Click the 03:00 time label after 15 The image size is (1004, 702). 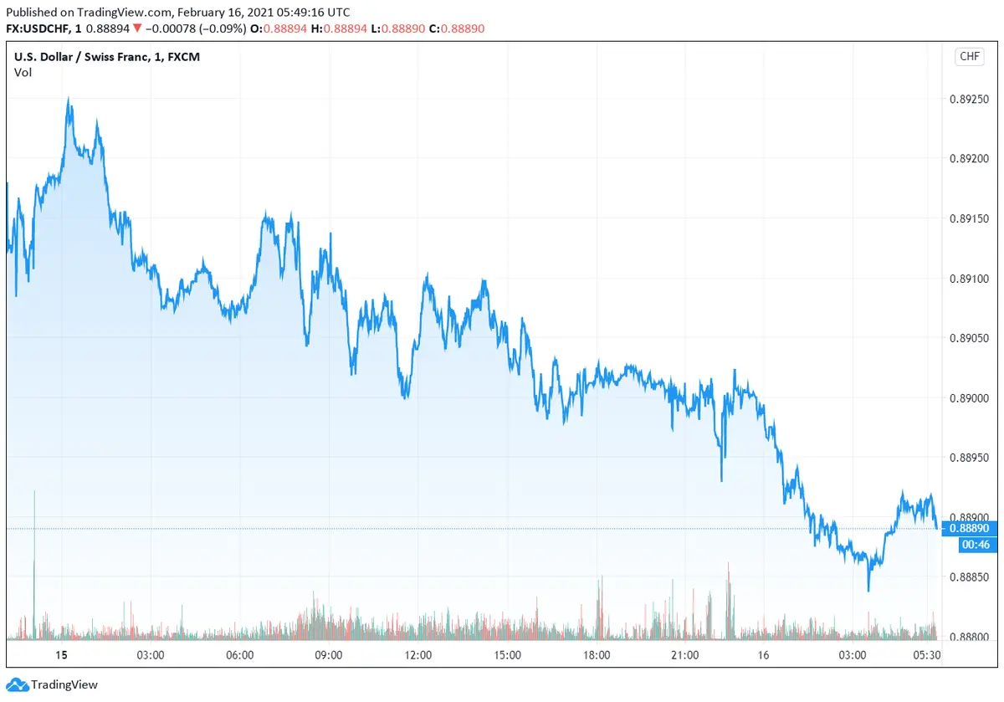[150, 654]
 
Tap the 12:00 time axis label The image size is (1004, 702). [417, 654]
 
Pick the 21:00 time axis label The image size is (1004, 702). [685, 654]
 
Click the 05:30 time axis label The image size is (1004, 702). [927, 654]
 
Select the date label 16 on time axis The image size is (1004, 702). [774, 654]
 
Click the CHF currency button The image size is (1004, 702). [969, 57]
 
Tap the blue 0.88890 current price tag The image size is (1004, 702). [971, 529]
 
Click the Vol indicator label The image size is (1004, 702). [23, 73]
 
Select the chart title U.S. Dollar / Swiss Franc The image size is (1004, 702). [83, 57]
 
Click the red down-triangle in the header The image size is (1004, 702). [137, 28]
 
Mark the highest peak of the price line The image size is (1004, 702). [69, 99]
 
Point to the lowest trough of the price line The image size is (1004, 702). [868, 590]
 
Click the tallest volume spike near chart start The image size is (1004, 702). [34, 494]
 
